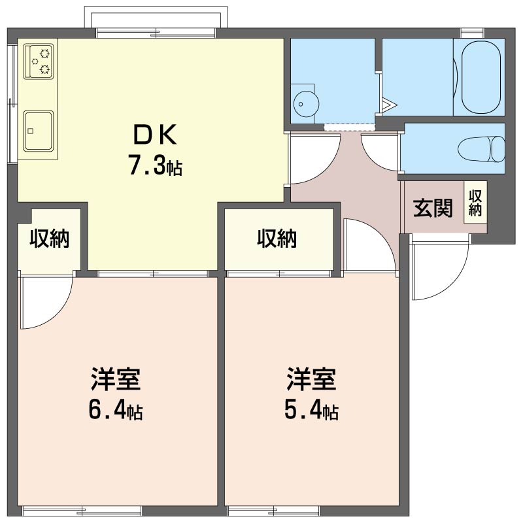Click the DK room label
(x=155, y=135)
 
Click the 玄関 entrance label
(x=433, y=208)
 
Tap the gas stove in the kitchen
(x=39, y=61)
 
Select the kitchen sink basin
(x=39, y=130)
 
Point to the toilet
(x=481, y=149)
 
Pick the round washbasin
(x=306, y=104)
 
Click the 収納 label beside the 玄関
(x=475, y=203)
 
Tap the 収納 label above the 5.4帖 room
(x=277, y=239)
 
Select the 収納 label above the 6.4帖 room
(x=50, y=239)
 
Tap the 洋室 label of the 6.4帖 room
(x=116, y=379)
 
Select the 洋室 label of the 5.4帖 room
(x=311, y=379)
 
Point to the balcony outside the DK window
(x=156, y=17)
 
